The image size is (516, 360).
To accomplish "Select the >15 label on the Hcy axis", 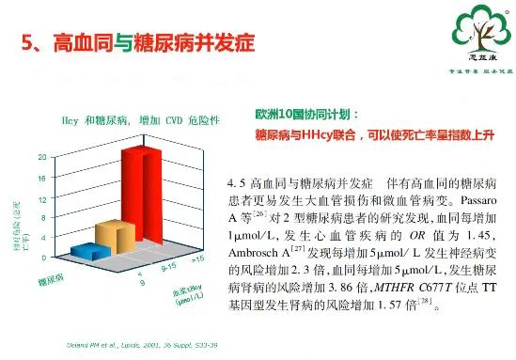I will click(x=197, y=257).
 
